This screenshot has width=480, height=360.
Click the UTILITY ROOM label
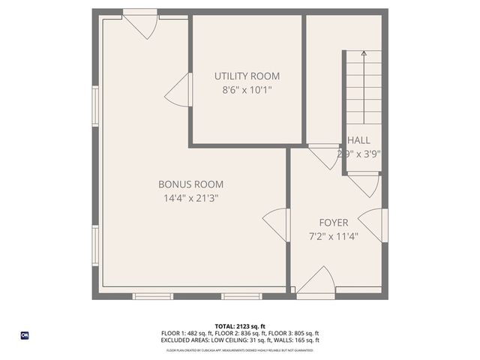pyautogui.click(x=247, y=76)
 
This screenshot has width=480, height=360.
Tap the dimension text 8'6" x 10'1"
pyautogui.click(x=247, y=90)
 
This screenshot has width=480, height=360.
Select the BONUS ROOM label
pyautogui.click(x=190, y=184)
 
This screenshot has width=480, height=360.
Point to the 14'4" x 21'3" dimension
pyautogui.click(x=190, y=198)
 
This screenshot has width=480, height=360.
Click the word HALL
pyautogui.click(x=358, y=140)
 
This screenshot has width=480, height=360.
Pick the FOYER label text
pyautogui.click(x=333, y=222)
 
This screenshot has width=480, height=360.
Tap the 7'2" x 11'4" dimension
pyautogui.click(x=334, y=236)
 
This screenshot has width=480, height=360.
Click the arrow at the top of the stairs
pyautogui.click(x=364, y=54)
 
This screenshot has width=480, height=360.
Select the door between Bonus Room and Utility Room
pyautogui.click(x=178, y=91)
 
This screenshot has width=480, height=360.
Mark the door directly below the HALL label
pyautogui.click(x=364, y=184)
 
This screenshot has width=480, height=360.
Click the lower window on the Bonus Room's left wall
pyautogui.click(x=95, y=246)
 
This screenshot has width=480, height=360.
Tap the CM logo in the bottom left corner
pyautogui.click(x=24, y=335)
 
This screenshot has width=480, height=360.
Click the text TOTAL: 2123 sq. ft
pyautogui.click(x=240, y=326)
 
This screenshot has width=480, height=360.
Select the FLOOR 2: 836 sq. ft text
pyautogui.click(x=239, y=333)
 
